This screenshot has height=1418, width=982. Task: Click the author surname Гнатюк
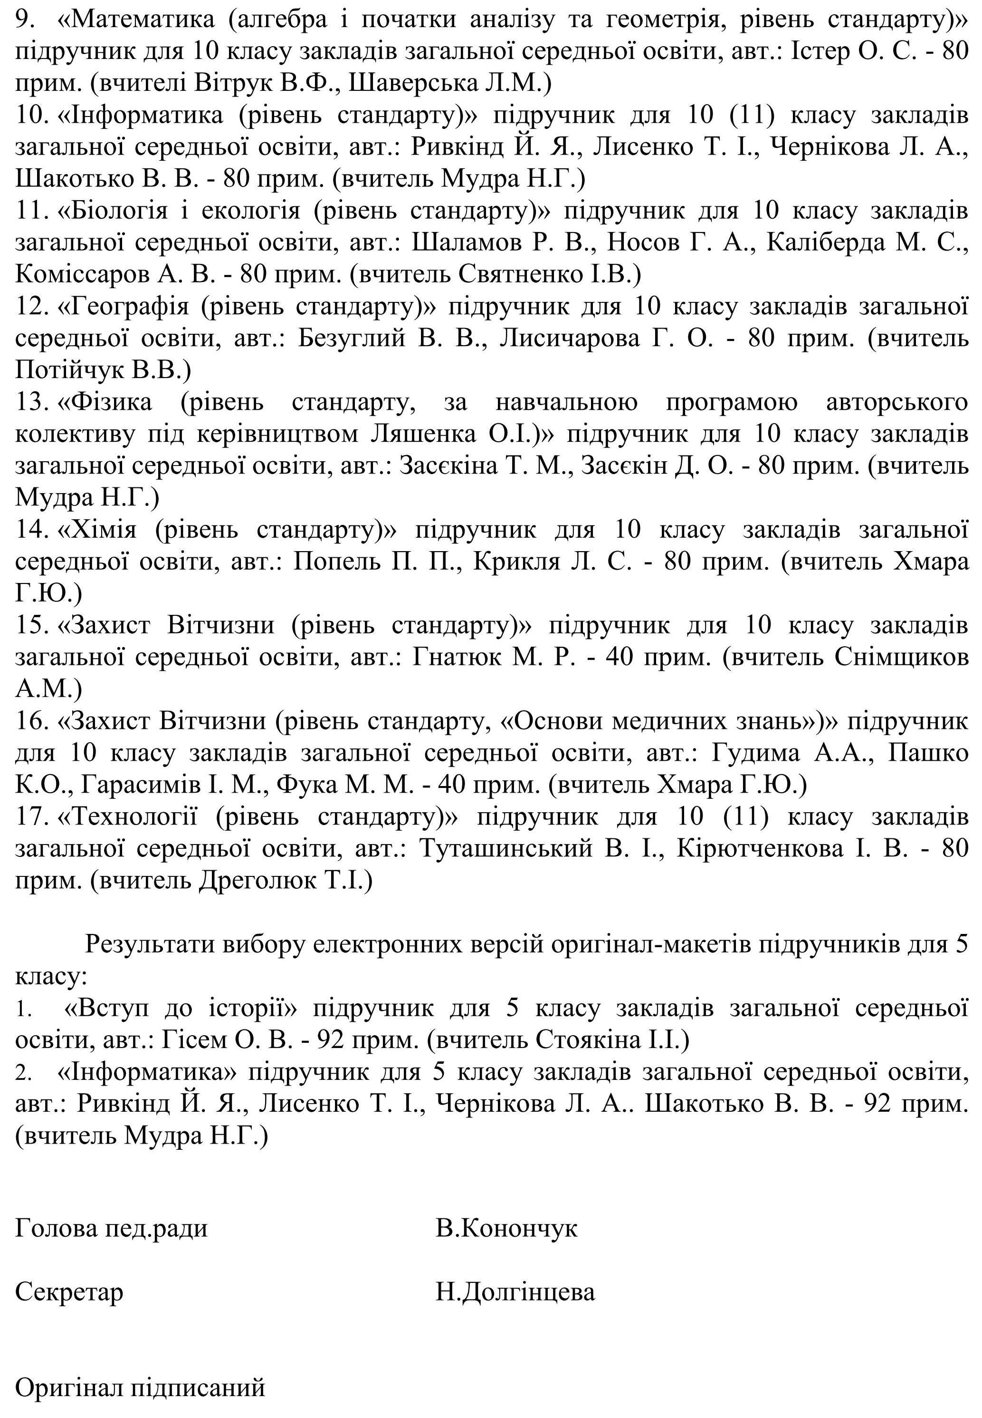pos(455,658)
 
